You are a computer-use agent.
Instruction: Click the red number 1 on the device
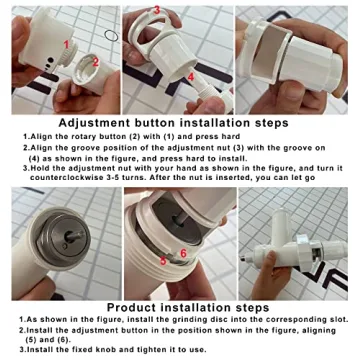(66, 45)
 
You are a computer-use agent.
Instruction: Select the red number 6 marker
(183, 253)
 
